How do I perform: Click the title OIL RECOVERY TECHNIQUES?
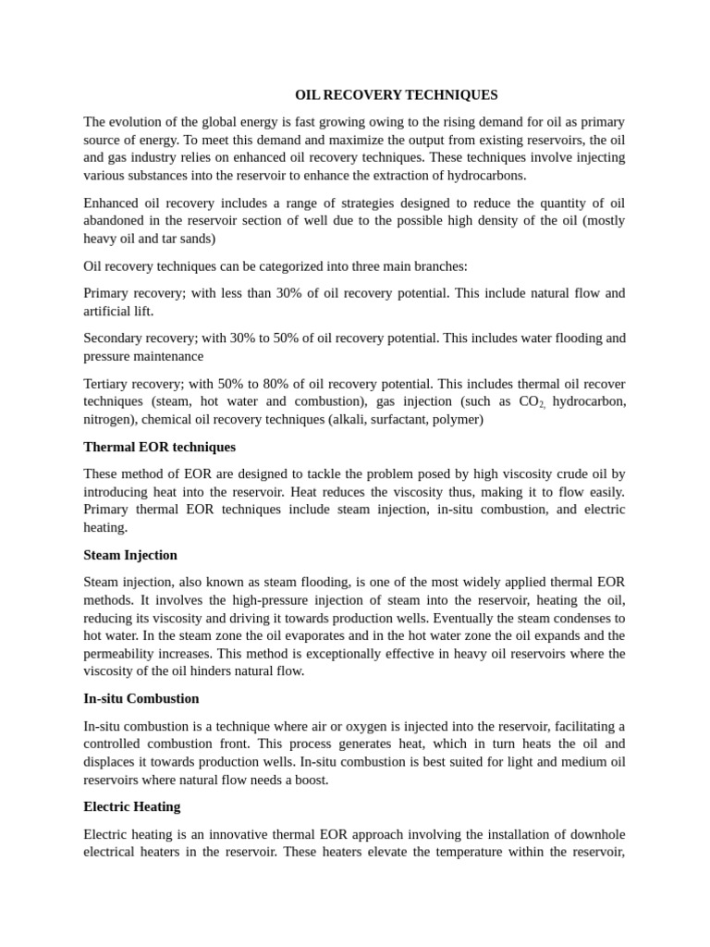click(x=396, y=94)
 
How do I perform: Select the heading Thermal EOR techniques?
click(x=159, y=447)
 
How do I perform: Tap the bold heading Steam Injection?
click(x=130, y=555)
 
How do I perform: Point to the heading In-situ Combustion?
click(x=141, y=698)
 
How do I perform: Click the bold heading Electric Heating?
click(x=132, y=806)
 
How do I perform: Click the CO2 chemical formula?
click(x=532, y=402)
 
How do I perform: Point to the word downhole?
click(x=593, y=833)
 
